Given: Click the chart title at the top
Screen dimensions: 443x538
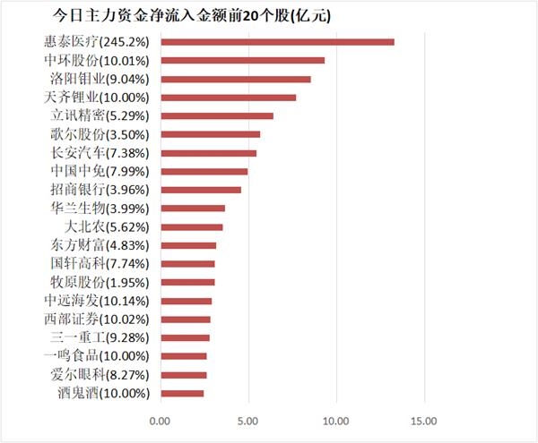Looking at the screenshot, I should (x=196, y=15).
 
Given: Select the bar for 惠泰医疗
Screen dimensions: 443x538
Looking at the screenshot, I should (x=277, y=42).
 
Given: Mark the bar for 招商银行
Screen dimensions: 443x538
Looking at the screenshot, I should (x=201, y=190).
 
